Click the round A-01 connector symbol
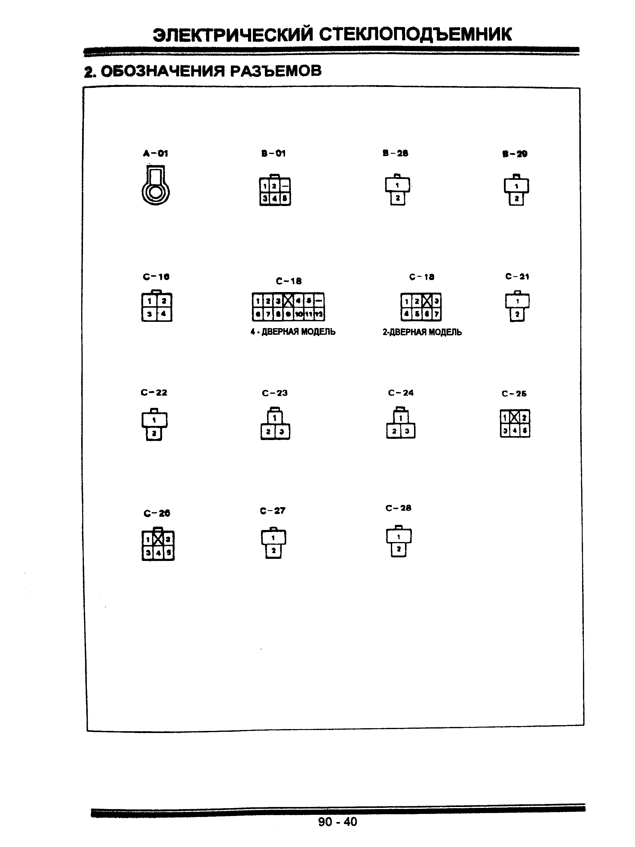(x=155, y=186)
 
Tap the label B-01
(x=273, y=153)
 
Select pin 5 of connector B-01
(x=285, y=199)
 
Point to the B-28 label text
(x=395, y=153)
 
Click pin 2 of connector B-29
(x=516, y=199)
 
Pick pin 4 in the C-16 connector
(x=164, y=314)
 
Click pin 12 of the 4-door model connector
(x=319, y=315)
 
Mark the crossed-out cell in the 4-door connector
(x=288, y=300)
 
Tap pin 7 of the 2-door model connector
(x=436, y=314)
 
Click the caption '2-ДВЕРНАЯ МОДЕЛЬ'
(x=422, y=332)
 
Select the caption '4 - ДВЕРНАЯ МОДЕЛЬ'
(x=293, y=331)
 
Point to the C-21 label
(x=517, y=276)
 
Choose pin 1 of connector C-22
(x=154, y=420)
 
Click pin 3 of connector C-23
(x=282, y=432)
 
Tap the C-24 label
(x=401, y=393)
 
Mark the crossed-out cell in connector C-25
(x=515, y=417)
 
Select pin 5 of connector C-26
(x=168, y=553)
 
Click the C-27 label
(x=272, y=510)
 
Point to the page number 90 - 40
(x=337, y=821)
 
